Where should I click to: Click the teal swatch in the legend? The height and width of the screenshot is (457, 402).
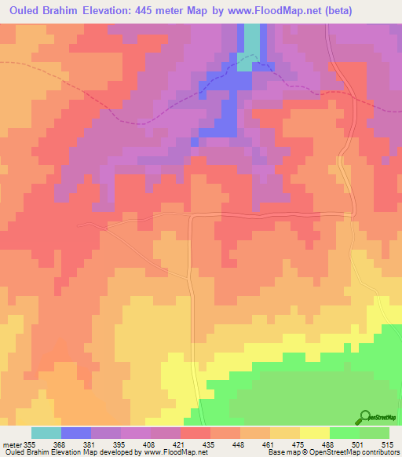46,433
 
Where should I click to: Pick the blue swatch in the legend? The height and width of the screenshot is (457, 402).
76,433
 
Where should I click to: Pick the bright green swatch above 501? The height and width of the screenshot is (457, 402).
344,433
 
